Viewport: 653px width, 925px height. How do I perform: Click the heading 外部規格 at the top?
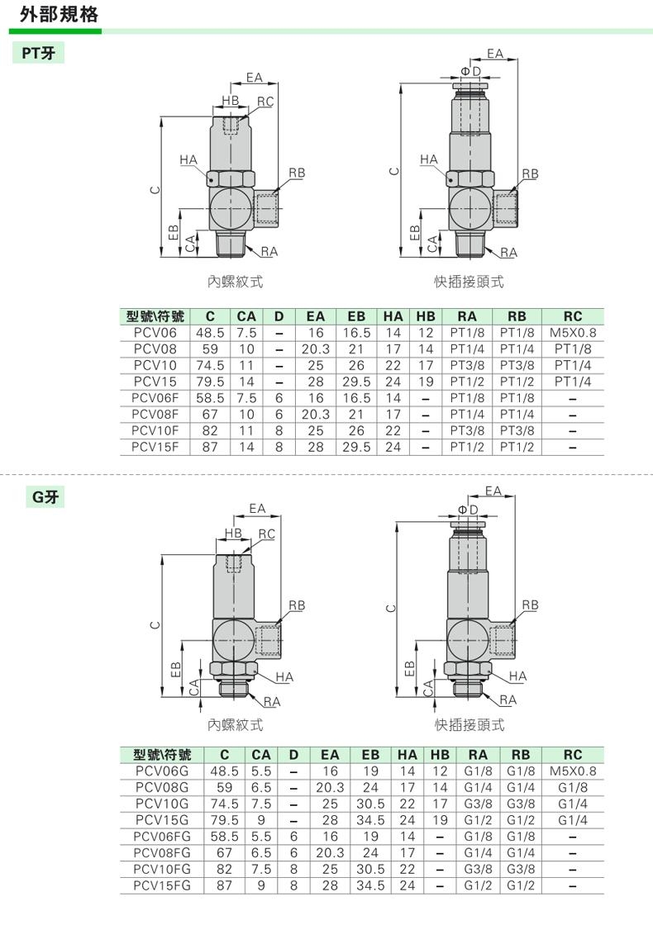59,14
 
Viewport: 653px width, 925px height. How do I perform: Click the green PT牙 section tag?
38,53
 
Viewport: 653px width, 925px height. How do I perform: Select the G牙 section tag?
45,496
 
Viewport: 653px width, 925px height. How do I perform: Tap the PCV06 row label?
155,333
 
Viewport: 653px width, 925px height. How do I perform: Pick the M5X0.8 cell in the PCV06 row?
573,333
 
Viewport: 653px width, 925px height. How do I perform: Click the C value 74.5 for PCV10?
210,365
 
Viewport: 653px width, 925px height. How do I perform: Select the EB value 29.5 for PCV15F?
356,447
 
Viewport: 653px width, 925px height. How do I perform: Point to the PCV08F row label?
155,414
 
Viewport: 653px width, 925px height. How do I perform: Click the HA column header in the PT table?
393,316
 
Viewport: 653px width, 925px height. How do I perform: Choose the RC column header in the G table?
573,755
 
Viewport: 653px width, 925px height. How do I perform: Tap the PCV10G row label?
162,804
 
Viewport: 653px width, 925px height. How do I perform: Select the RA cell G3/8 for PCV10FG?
479,869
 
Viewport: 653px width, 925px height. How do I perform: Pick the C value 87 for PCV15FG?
224,885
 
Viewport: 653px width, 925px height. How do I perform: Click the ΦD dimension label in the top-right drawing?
470,71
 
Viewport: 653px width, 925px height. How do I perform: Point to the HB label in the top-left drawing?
231,100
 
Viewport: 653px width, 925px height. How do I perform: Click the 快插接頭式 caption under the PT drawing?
469,282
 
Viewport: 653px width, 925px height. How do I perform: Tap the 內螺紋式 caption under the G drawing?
235,724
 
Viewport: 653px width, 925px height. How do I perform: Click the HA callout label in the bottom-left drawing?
284,676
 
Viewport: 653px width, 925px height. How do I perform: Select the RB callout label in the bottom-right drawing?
530,605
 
